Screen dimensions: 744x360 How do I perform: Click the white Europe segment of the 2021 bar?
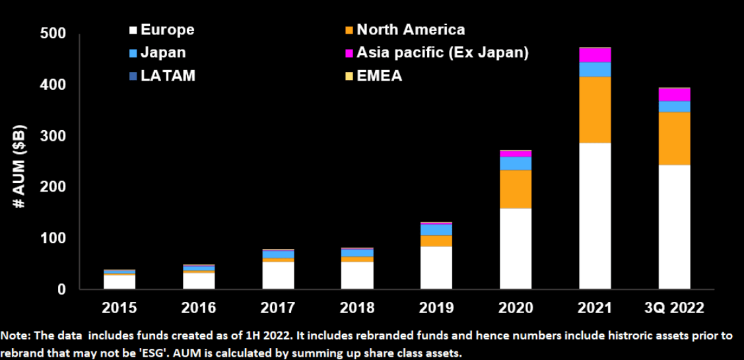[x=595, y=216]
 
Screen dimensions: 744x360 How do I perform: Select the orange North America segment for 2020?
[x=516, y=189]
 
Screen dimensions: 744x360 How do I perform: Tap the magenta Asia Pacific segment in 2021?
[x=595, y=55]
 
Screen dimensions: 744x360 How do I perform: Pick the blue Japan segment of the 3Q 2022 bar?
[x=674, y=106]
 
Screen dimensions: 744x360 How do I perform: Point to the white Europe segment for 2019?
[x=436, y=268]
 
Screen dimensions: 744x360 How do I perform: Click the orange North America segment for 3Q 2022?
[x=674, y=139]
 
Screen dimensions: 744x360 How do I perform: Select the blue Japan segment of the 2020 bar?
[x=516, y=163]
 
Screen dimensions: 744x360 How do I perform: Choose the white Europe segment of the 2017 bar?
[x=278, y=275]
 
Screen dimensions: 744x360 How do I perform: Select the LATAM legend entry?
[x=162, y=75]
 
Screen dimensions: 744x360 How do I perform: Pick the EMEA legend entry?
[x=374, y=75]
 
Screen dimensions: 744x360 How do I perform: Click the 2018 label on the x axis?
[x=356, y=308]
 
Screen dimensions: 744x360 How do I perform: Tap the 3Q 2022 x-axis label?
[x=674, y=308]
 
